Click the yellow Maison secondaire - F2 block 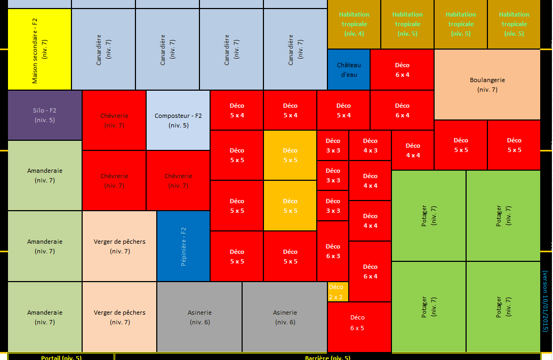[39, 50]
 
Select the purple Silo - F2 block [45, 115]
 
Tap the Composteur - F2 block [178, 121]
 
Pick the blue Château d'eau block [349, 70]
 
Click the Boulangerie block [487, 85]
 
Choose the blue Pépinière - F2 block [183, 246]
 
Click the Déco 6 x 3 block [333, 251]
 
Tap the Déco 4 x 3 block [370, 145]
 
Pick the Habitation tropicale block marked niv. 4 [354, 25]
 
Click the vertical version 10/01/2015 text [545, 301]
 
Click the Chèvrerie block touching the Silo [114, 121]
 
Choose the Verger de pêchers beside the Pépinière [119, 246]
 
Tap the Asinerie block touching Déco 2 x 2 [285, 317]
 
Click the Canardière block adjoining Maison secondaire [103, 50]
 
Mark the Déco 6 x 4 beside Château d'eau [402, 70]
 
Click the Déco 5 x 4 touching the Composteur [237, 110]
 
